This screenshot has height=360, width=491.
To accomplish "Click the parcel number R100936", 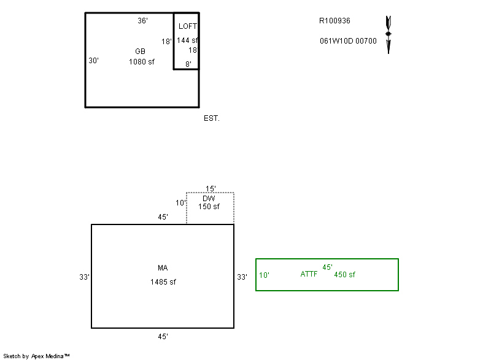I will [334, 20].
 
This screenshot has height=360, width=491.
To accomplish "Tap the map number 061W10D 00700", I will [348, 41].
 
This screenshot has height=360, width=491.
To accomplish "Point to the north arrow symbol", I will [388, 34].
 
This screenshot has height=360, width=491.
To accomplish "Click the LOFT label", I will [188, 26].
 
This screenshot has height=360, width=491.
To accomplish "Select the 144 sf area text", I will [187, 40].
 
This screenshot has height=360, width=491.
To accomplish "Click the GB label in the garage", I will [140, 51].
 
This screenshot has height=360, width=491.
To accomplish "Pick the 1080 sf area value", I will [142, 61].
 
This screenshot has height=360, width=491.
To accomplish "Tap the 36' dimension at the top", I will [142, 21].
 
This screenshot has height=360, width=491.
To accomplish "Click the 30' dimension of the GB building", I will [94, 61].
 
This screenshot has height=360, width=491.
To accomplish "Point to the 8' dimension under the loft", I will [188, 64].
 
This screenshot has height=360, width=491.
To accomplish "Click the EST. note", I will [212, 118].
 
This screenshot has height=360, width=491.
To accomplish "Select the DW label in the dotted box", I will [209, 198].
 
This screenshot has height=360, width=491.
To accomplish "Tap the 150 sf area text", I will [209, 207].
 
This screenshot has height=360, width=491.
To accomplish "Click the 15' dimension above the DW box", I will [211, 189].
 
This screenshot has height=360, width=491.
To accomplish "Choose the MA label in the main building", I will [163, 268].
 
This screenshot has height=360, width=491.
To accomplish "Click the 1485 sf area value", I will [163, 282].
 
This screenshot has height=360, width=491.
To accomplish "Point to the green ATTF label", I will [309, 274].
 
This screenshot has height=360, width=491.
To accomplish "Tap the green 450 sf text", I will [344, 274].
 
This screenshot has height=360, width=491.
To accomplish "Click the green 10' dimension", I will [264, 275].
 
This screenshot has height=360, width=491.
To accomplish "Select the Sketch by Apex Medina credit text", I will [36, 356].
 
